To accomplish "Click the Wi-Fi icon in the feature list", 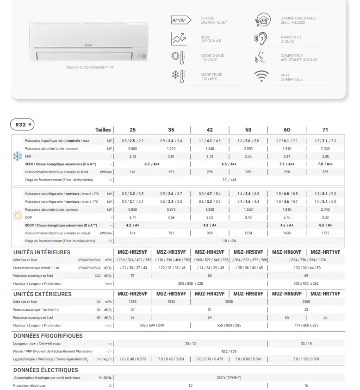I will (x=261, y=76).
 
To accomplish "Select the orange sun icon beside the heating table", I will (x=18, y=216).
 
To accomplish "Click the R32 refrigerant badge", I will (x=22, y=125).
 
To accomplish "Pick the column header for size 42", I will (x=210, y=130).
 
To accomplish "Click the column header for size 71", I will (x=325, y=130).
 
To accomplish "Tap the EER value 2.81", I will (x=171, y=157).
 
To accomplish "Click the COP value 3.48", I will (x=248, y=217).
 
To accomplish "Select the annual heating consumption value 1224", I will (x=248, y=233).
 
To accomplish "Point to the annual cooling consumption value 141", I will (x=132, y=172).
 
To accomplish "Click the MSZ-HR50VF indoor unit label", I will (x=248, y=252).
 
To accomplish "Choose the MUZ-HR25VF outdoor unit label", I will (x=132, y=294).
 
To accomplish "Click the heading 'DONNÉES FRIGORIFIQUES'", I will (x=48, y=336).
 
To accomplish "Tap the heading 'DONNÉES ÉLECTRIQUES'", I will (x=46, y=370).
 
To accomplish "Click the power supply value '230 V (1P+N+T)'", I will (x=229, y=378).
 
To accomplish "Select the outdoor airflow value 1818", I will (x=132, y=301).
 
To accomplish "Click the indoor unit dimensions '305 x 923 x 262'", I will (x=306, y=283).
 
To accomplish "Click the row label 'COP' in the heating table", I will (x=28, y=217).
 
